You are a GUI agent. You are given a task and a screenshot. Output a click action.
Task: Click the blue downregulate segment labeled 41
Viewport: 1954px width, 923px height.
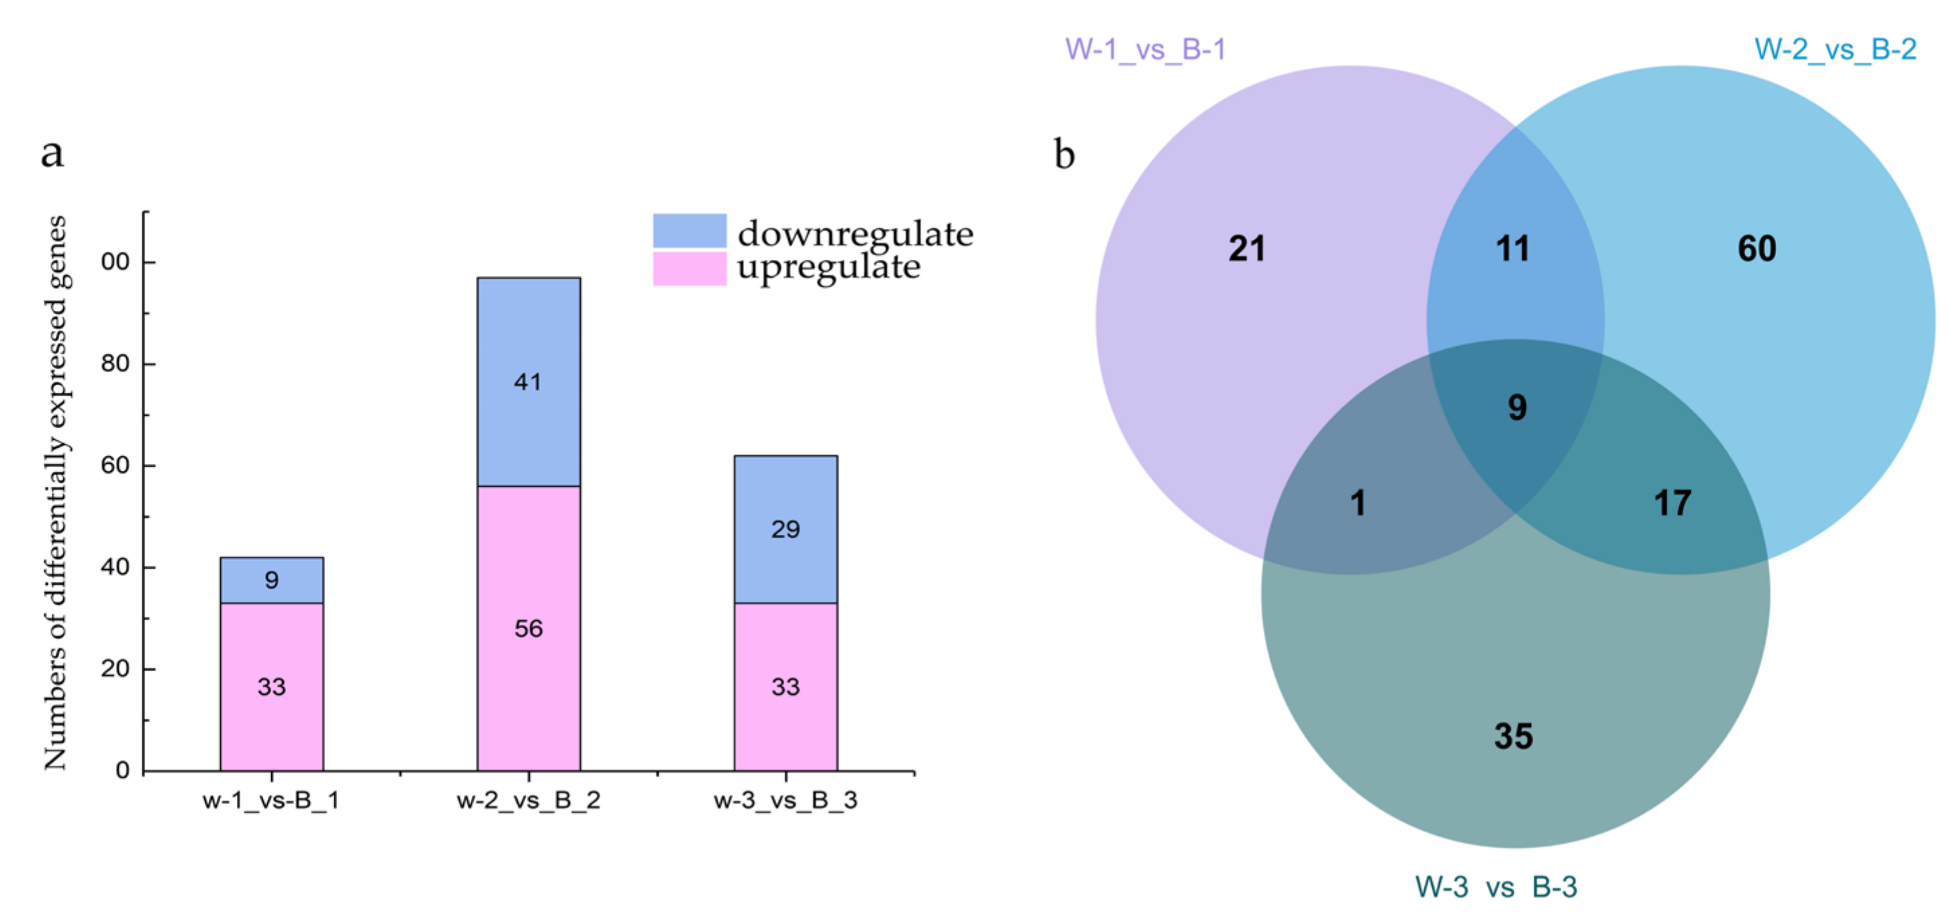[x=528, y=381]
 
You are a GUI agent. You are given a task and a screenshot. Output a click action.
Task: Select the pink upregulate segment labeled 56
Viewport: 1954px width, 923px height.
[x=528, y=628]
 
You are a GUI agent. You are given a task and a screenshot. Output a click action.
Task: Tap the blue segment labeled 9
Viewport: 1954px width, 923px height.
[x=271, y=580]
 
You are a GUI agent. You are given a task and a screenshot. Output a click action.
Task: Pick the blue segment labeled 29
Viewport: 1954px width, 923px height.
[x=785, y=528]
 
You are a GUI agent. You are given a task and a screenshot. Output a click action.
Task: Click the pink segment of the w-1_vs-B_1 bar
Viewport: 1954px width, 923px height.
[x=271, y=686]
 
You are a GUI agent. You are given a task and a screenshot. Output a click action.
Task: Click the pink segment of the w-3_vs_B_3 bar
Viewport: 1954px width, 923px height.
[x=785, y=686]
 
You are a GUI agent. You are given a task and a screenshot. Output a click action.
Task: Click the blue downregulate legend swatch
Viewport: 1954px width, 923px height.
[x=689, y=230]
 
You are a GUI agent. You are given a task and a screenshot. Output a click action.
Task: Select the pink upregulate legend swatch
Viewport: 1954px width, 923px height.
[x=689, y=269]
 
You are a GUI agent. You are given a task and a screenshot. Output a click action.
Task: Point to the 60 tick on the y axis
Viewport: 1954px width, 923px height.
[x=115, y=465]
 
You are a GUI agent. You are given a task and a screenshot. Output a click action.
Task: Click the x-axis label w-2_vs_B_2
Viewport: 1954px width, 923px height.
[x=528, y=800]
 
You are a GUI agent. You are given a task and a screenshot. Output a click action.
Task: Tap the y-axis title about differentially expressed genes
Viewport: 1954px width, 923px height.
[x=55, y=493]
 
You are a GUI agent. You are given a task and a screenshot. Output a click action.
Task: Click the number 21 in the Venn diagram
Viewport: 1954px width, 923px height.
[x=1246, y=249]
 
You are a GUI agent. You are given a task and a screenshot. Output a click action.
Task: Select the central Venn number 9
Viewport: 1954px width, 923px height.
[x=1517, y=407]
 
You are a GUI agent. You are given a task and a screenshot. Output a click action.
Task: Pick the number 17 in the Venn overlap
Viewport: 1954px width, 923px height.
[x=1672, y=503]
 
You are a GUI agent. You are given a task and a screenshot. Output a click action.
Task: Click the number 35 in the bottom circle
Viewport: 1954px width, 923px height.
[x=1514, y=736]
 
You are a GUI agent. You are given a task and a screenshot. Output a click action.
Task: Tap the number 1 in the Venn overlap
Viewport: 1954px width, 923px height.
[x=1358, y=503]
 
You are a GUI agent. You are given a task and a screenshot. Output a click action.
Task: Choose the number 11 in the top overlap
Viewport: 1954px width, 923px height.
[x=1513, y=249]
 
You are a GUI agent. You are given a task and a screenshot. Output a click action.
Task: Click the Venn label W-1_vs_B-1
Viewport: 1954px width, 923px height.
[x=1145, y=49]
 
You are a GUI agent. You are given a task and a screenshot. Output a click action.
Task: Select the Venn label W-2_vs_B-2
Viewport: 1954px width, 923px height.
[x=1835, y=49]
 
